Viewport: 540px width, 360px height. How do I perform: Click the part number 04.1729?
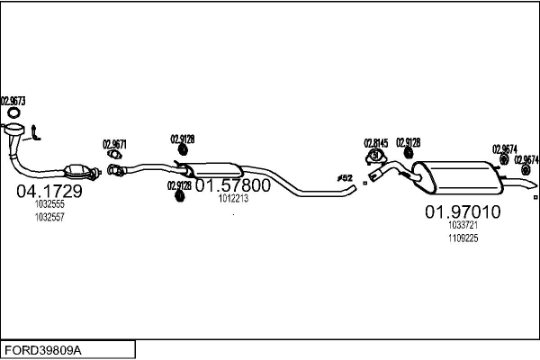pos(49,191)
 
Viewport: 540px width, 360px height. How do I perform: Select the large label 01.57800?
pos(232,185)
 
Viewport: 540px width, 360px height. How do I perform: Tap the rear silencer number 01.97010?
pos(462,212)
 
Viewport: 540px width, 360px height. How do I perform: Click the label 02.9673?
pos(13,101)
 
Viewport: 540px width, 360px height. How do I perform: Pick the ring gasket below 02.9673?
pos(13,113)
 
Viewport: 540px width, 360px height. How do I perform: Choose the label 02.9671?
pos(114,144)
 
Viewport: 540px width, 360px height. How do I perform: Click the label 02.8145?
pos(375,143)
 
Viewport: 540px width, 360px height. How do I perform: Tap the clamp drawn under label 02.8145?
pos(375,158)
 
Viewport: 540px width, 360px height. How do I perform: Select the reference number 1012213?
pos(232,199)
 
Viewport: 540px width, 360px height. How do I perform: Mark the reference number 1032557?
pos(49,217)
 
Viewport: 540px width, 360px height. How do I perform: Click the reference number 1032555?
pos(49,205)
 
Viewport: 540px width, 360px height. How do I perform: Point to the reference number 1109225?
pos(463,238)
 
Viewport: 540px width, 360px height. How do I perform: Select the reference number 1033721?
pos(463,226)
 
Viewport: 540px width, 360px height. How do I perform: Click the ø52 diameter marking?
pos(345,178)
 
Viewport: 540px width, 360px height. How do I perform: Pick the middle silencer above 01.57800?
pos(217,170)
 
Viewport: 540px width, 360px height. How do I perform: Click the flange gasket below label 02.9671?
pos(114,156)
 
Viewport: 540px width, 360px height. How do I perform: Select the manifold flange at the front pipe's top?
pos(16,134)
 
